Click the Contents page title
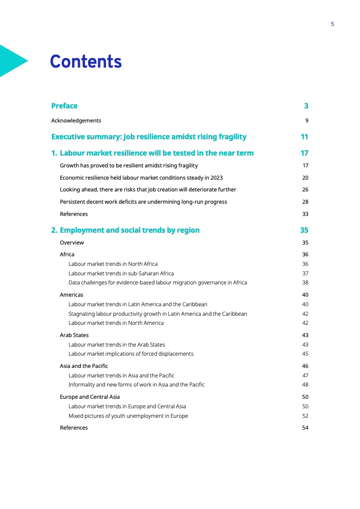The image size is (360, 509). coord(86,62)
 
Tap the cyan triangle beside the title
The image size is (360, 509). coord(11,60)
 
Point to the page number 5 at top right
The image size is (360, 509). coord(332,24)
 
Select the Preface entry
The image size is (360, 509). coord(64,106)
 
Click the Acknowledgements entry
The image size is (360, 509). coord(76,121)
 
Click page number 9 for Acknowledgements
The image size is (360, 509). coord(307,121)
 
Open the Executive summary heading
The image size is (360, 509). coord(149,137)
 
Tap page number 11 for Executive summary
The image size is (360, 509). coord(304,137)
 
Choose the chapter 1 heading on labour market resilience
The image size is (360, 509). coord(153,153)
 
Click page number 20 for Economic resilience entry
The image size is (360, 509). coord(305,178)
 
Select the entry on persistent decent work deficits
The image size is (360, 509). coord(143,202)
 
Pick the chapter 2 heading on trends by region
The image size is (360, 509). coord(125,230)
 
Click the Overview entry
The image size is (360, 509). coord(72,243)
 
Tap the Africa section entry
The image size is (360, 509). coord(67,254)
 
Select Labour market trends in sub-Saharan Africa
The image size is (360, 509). coord(121,274)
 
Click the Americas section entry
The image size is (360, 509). coord(72,295)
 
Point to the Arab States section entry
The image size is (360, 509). coord(74,335)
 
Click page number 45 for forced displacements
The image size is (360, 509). coord(305,354)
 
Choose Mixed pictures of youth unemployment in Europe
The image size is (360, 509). coord(128,416)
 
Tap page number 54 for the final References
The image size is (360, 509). coord(305,428)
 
